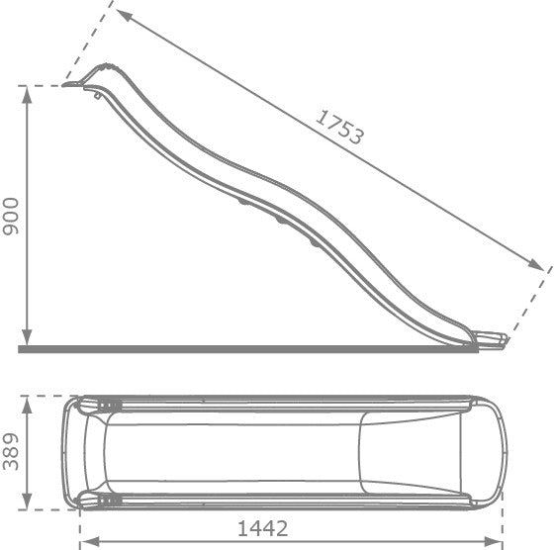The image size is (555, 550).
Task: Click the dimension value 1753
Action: [x=340, y=127]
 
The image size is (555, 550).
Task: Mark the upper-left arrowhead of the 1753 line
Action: [x=121, y=14]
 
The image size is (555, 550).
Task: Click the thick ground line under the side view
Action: [x=247, y=348]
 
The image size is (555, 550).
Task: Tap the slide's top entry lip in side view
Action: [x=79, y=84]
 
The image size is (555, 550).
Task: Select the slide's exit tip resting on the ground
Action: [x=495, y=341]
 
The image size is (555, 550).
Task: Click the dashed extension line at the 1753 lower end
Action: [x=529, y=302]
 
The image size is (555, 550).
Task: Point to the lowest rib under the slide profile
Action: [x=315, y=240]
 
